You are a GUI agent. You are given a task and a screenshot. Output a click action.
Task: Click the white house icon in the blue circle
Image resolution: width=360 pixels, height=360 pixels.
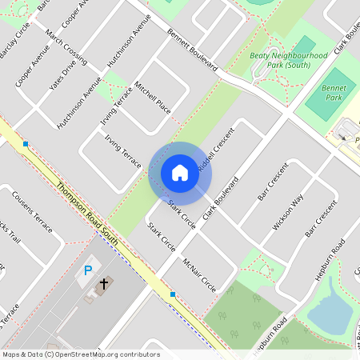(180, 173)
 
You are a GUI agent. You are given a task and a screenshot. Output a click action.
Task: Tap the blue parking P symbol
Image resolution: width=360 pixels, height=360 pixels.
(88, 270)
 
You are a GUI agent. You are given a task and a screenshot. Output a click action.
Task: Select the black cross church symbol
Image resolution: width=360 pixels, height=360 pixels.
(103, 284)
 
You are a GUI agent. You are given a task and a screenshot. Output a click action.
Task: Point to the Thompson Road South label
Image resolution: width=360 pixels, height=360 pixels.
(88, 214)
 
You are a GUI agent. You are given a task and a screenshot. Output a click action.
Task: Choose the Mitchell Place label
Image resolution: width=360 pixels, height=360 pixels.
(153, 97)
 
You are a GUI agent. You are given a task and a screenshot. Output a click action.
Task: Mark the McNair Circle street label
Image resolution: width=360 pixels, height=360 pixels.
(199, 274)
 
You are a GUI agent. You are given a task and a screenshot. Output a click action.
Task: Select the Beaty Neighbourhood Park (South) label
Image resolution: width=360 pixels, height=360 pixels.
(278, 59)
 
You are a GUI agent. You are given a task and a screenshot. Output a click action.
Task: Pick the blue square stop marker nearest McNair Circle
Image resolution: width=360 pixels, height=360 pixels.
(172, 294)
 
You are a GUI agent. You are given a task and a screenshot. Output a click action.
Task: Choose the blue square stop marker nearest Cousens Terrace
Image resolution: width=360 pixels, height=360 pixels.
(26, 144)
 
